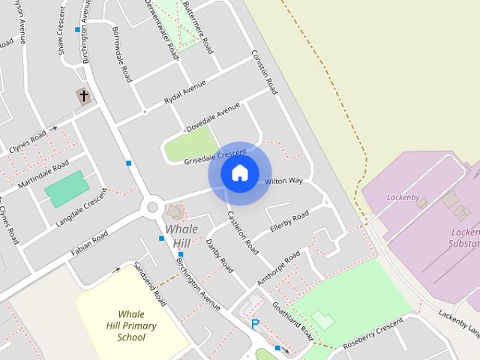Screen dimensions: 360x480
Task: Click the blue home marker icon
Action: (x=239, y=173)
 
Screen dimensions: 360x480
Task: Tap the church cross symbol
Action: (x=83, y=96)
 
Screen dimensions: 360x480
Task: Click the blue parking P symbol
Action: (x=255, y=324)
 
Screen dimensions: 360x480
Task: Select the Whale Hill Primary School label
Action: (x=131, y=325)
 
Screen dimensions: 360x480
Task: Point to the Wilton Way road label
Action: (x=283, y=181)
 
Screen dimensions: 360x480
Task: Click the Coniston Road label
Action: (x=265, y=72)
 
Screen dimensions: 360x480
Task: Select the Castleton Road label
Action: (x=243, y=232)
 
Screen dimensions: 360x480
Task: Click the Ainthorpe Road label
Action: (x=278, y=265)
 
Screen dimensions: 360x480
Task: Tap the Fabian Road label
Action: (x=89, y=243)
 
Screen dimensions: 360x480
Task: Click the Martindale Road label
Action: (x=44, y=174)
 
